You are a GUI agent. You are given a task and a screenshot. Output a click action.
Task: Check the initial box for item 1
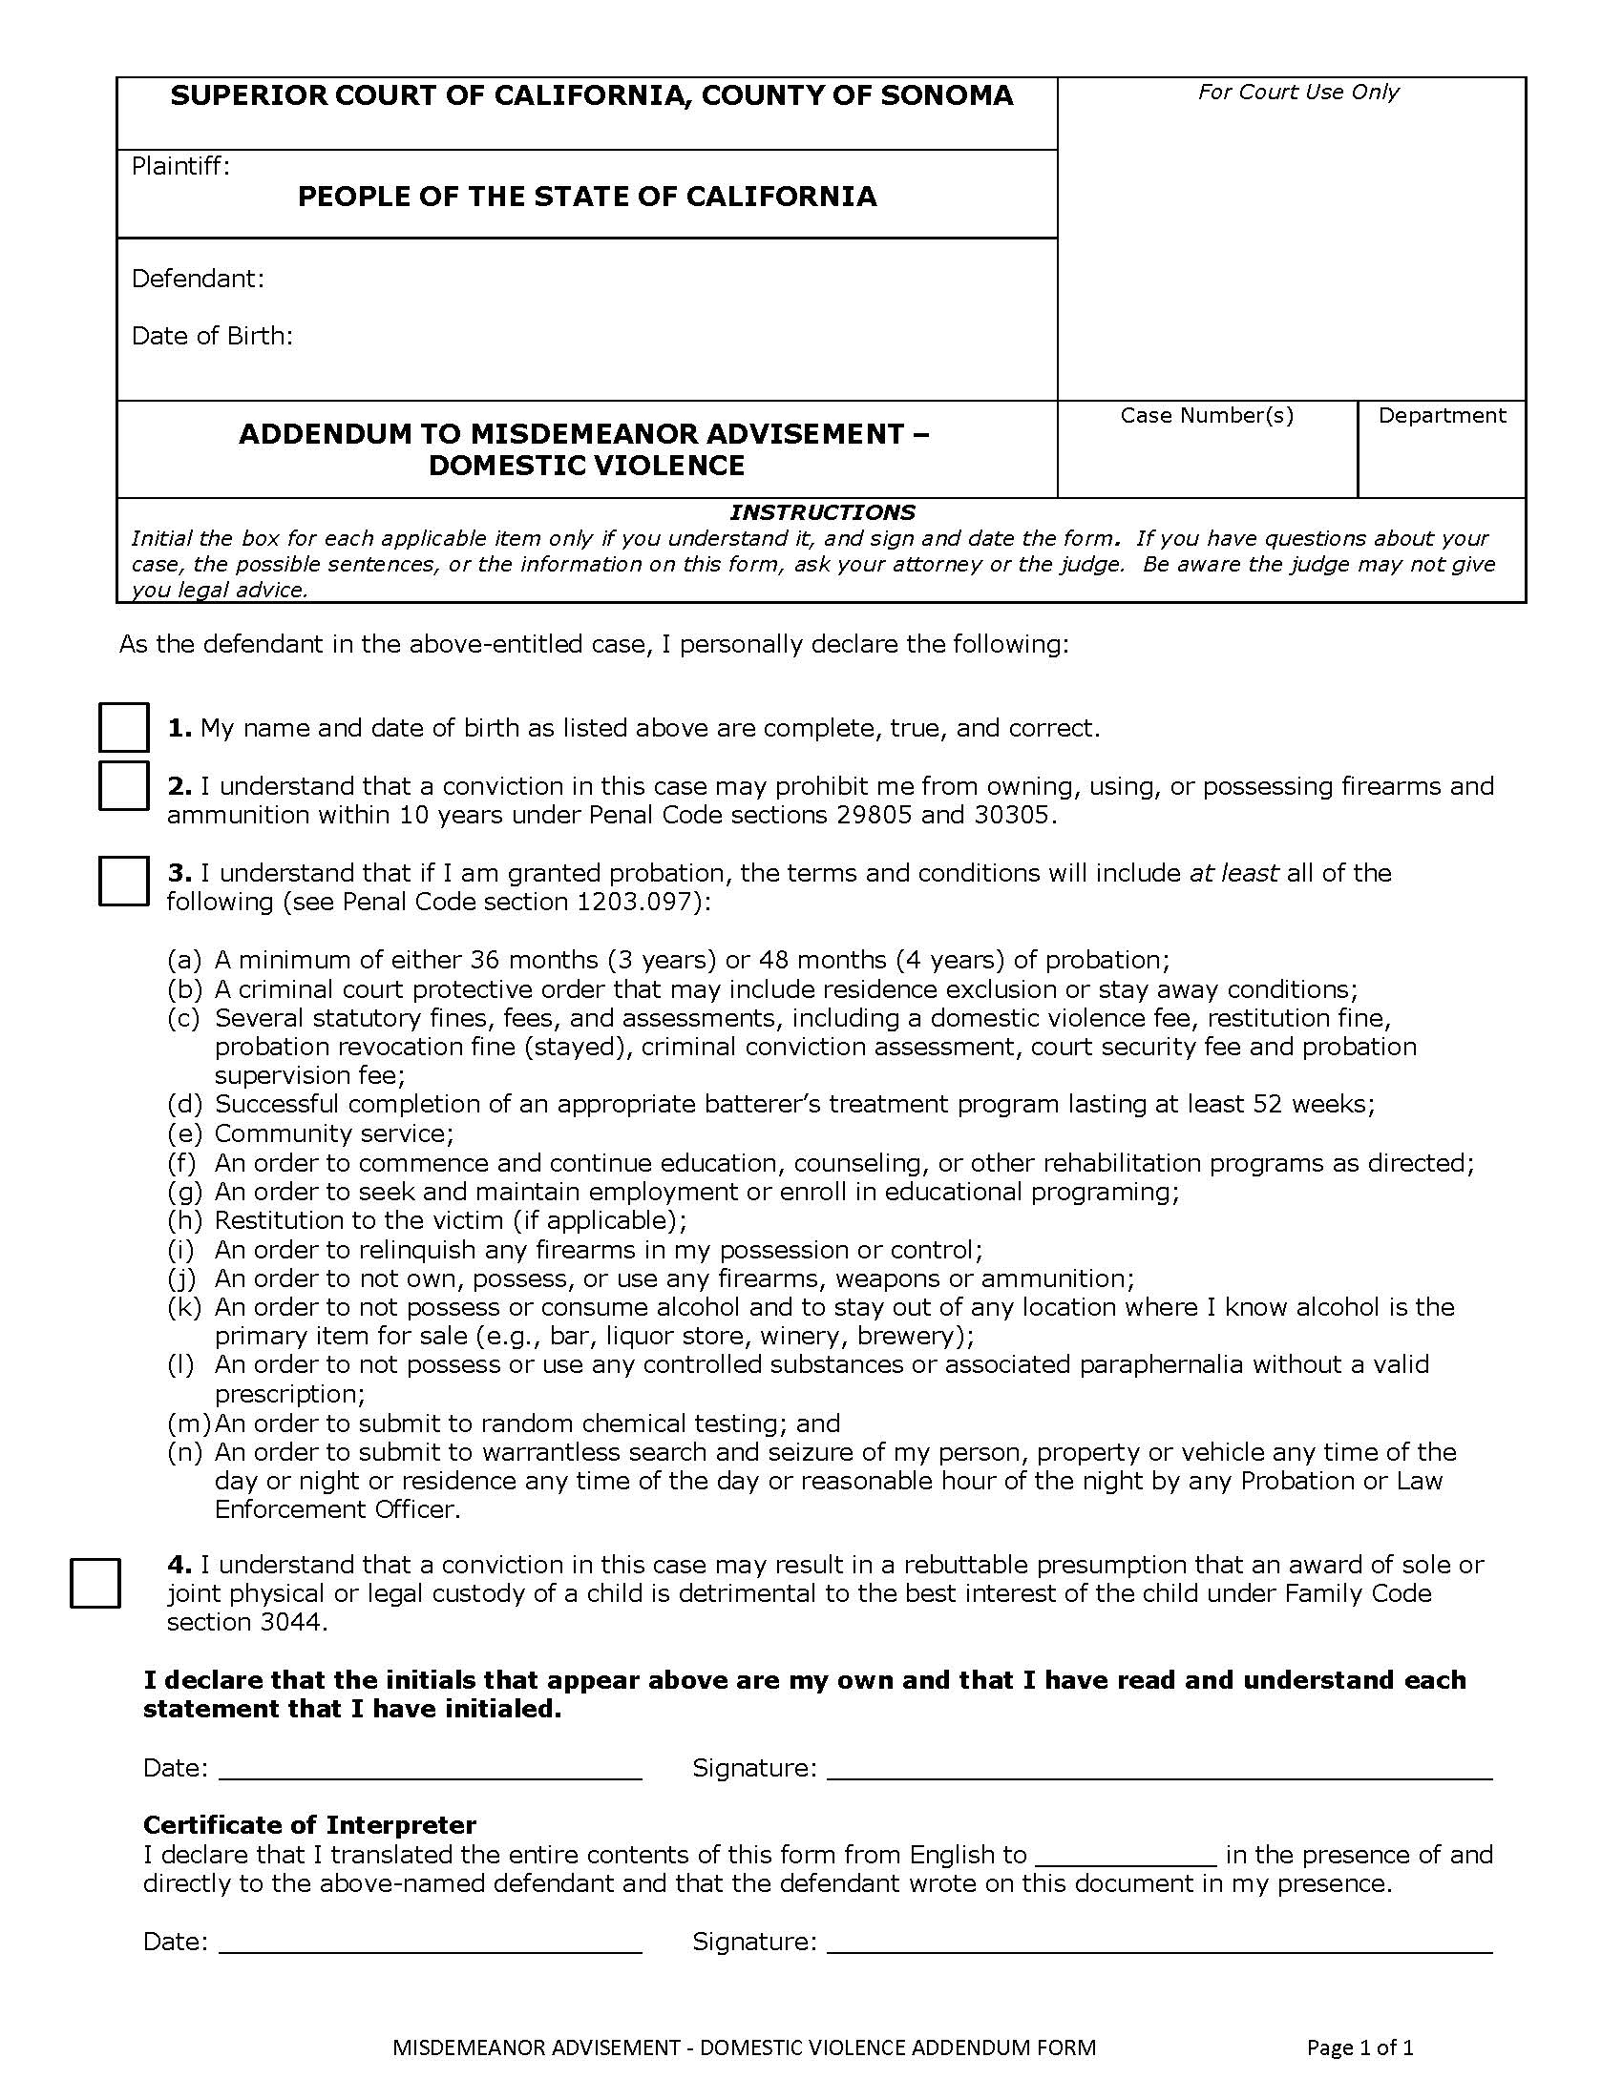click(x=123, y=727)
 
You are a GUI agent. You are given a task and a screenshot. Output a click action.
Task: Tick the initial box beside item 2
click(x=123, y=785)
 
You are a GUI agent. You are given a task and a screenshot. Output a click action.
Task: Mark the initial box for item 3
click(x=123, y=881)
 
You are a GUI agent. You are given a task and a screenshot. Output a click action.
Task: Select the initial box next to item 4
click(x=95, y=1583)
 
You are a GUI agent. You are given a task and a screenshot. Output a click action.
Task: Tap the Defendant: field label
click(x=197, y=279)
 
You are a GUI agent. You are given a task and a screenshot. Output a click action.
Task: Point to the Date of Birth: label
click(x=212, y=336)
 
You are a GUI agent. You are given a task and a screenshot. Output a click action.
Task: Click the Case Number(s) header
click(x=1207, y=415)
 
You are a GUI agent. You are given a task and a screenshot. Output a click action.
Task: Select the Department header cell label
click(x=1442, y=415)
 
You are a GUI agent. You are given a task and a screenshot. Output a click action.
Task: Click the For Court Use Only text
click(x=1297, y=92)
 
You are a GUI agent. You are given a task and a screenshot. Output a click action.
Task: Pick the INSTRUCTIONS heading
click(x=822, y=512)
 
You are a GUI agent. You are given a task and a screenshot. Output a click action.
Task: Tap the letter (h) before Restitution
click(x=184, y=1220)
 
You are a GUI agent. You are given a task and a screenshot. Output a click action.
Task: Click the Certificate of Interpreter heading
click(x=309, y=1825)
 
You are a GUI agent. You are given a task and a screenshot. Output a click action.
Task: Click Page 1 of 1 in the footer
click(x=1360, y=2048)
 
